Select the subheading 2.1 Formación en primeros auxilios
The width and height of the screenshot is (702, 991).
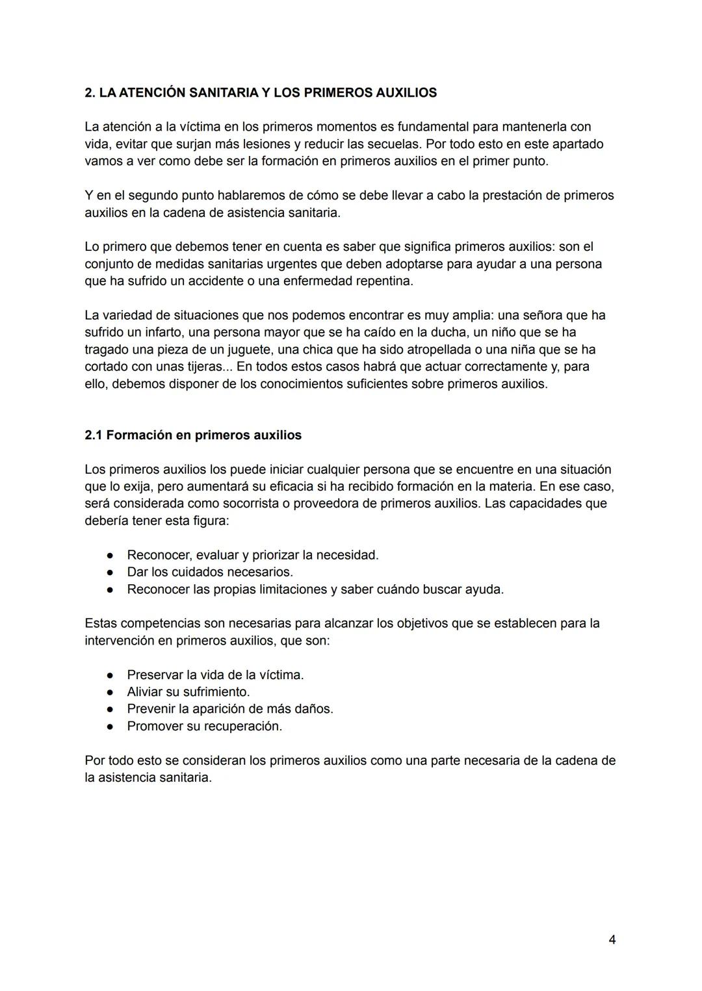[x=193, y=435]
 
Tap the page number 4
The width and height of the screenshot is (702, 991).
[x=612, y=940]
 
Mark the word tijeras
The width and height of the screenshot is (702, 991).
[x=202, y=367]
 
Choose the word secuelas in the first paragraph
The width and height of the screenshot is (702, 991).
[x=395, y=144]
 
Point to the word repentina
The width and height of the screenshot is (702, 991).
[x=382, y=281]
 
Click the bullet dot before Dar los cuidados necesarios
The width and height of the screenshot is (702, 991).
[x=111, y=573]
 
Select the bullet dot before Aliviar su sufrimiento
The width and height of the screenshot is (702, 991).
[x=111, y=692]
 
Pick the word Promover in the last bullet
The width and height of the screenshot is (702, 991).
[x=155, y=727]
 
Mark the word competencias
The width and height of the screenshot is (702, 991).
[x=160, y=624]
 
